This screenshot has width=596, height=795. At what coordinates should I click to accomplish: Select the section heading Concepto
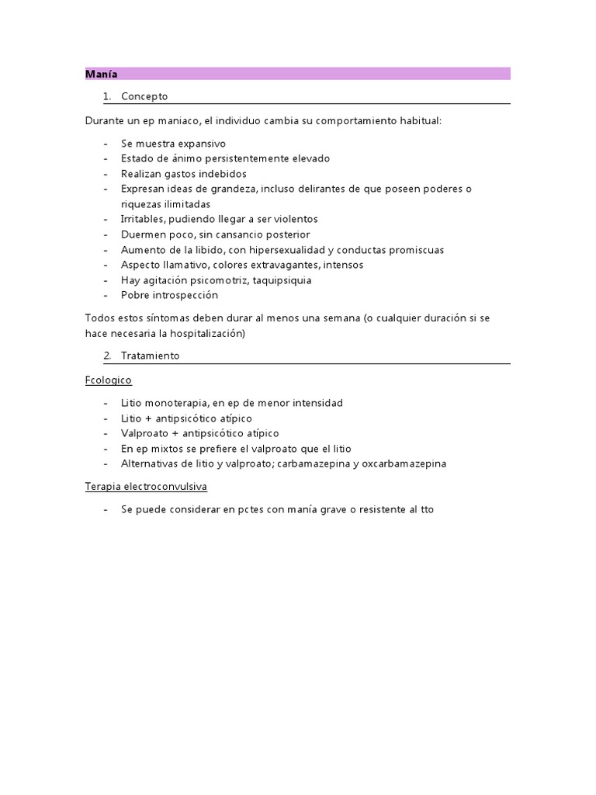pyautogui.click(x=144, y=97)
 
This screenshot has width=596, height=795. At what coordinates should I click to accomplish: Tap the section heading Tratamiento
pyautogui.click(x=150, y=356)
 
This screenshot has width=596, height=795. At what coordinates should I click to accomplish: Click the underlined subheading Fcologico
pyautogui.click(x=109, y=380)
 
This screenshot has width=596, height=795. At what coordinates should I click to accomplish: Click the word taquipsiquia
pyautogui.click(x=279, y=280)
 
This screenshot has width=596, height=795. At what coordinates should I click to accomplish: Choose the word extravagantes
pyautogui.click(x=251, y=266)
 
